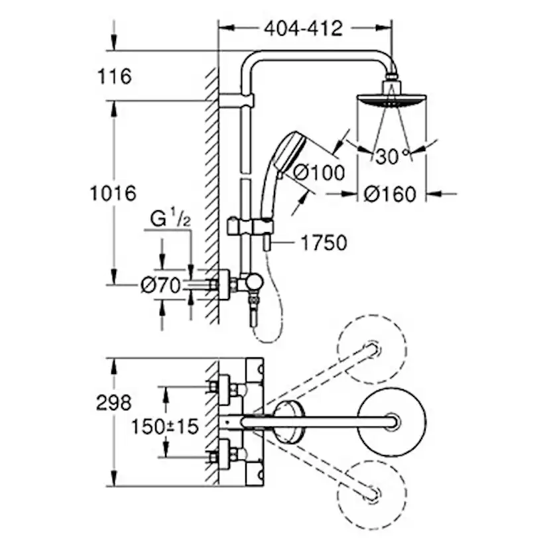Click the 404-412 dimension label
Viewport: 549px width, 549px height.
pyautogui.click(x=303, y=29)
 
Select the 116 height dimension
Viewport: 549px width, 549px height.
pyautogui.click(x=114, y=76)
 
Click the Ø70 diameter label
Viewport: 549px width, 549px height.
pyautogui.click(x=160, y=285)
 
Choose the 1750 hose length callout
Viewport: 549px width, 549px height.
pyautogui.click(x=324, y=243)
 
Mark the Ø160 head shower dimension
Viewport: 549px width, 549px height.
pyautogui.click(x=391, y=194)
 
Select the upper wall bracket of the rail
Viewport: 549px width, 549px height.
pyautogui.click(x=236, y=101)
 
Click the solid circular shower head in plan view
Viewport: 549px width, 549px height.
pyautogui.click(x=391, y=421)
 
